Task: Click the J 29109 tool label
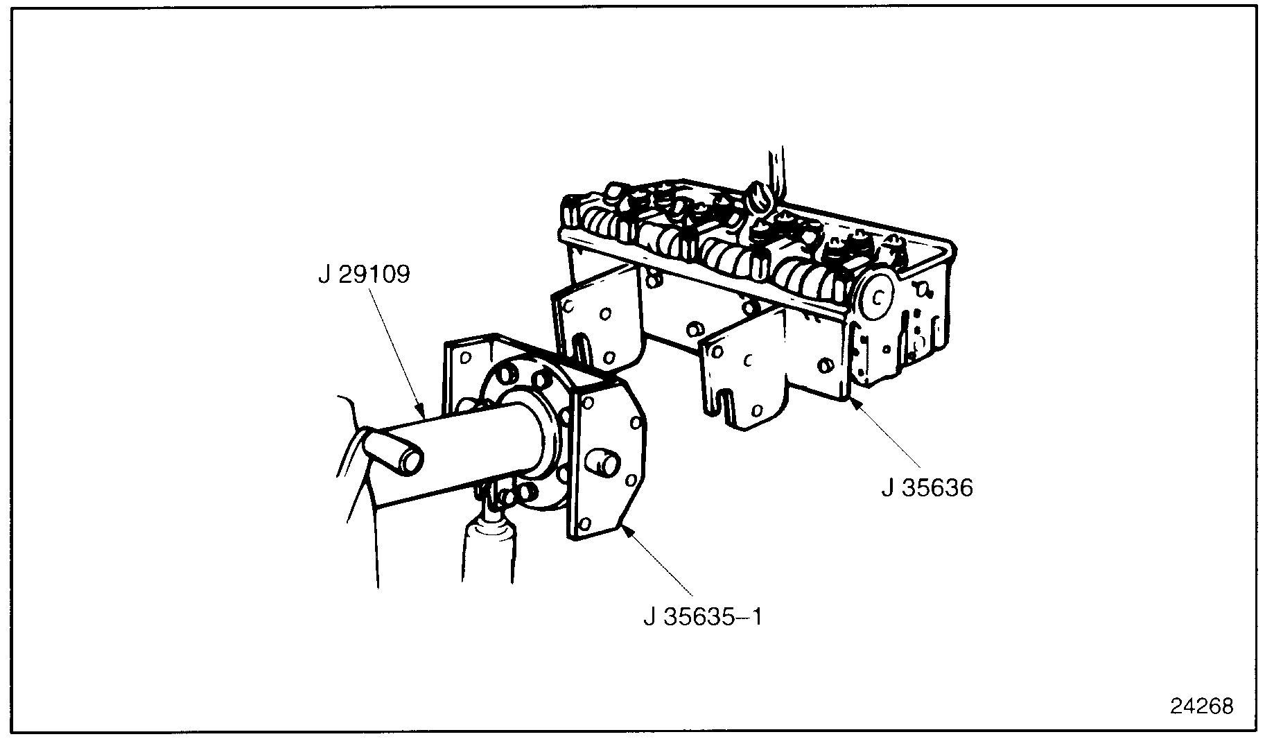click(364, 275)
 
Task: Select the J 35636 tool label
click(927, 488)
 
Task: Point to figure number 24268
click(1202, 706)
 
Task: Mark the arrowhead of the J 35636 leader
click(853, 403)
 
